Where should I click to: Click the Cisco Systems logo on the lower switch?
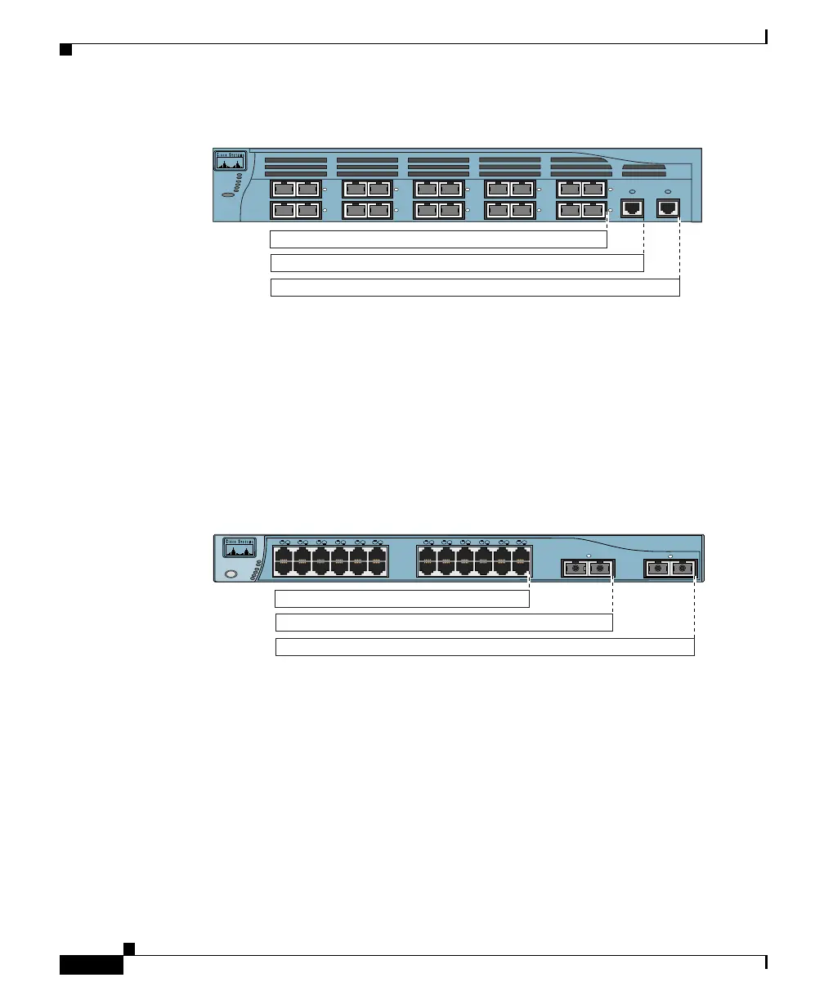pos(240,547)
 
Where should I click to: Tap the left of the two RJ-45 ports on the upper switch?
pos(632,208)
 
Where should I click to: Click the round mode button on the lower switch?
pos(231,574)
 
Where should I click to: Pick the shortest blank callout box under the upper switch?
pos(438,239)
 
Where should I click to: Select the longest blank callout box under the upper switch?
pos(474,288)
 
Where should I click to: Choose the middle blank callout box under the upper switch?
pos(457,263)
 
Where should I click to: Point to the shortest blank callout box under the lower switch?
pos(402,599)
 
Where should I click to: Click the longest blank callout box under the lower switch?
pos(485,647)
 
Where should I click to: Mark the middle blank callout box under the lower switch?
pos(444,623)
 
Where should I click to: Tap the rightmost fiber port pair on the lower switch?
pos(670,567)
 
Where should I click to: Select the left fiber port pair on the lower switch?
pos(588,568)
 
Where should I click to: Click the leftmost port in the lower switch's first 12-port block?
pos(283,561)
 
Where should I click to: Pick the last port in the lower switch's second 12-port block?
pos(521,561)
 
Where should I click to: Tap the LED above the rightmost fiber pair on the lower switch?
pos(670,556)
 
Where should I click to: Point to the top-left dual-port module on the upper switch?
pos(296,190)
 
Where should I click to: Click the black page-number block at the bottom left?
pos(92,965)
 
